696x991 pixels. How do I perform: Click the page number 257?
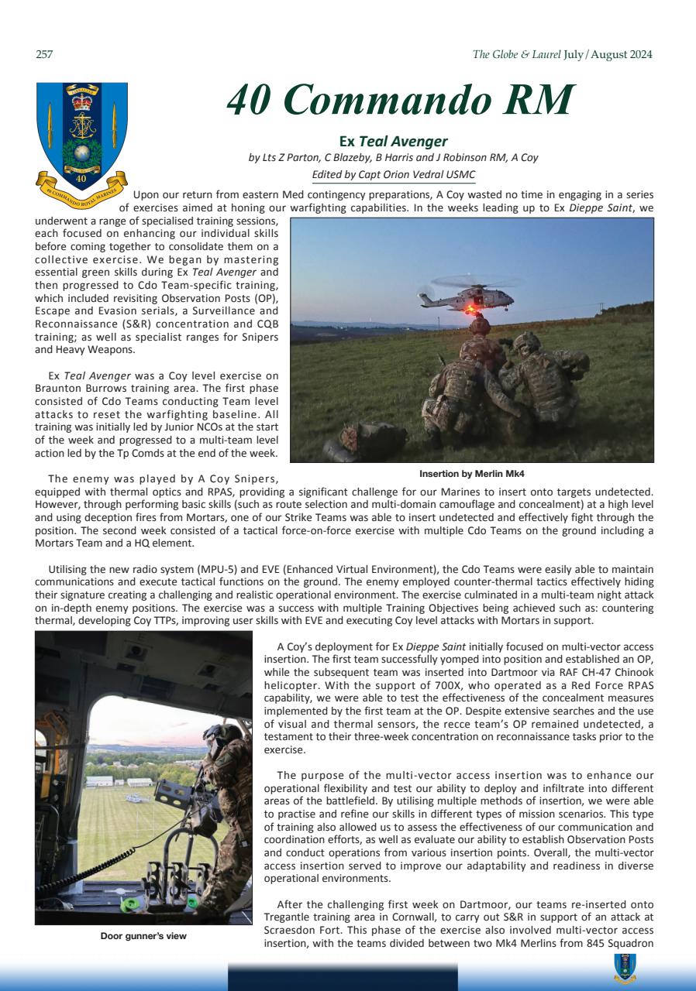pos(43,55)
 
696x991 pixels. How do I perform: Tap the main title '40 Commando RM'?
pos(400,101)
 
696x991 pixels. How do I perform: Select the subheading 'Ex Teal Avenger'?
pos(394,142)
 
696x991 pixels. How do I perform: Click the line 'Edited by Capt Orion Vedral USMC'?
pos(393,175)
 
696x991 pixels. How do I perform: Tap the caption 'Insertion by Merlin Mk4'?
pos(471,473)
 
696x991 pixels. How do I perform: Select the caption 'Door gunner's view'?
pos(143,936)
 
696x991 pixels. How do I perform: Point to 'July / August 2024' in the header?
pos(608,55)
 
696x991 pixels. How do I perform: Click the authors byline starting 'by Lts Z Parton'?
pos(393,158)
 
